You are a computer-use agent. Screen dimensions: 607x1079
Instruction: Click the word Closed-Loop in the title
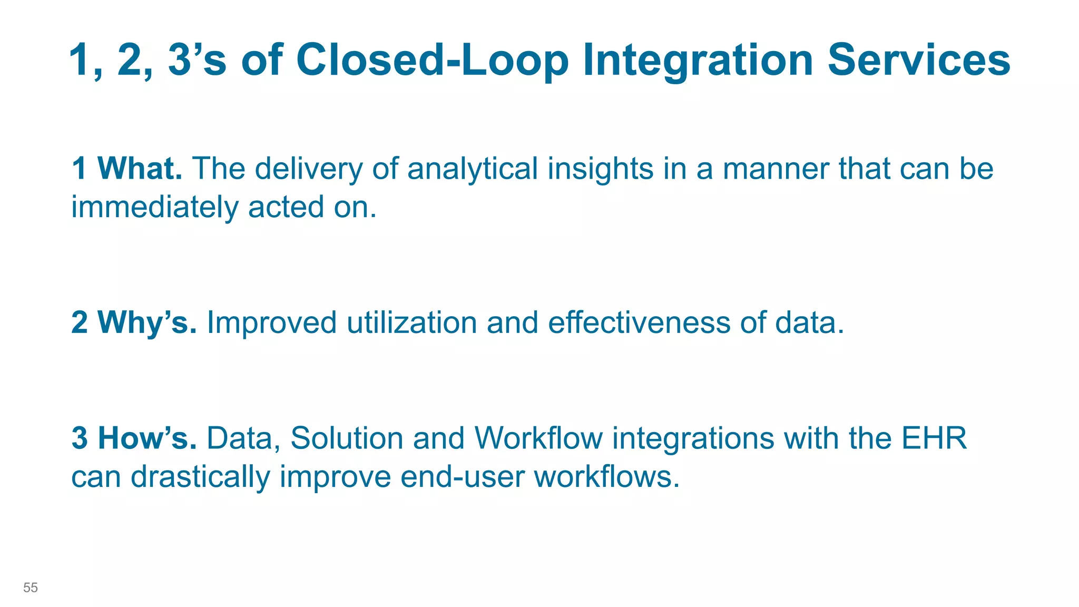tap(433, 60)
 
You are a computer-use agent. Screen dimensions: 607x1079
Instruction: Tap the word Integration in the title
tap(698, 60)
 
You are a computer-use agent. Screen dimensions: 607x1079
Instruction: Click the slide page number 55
tap(31, 588)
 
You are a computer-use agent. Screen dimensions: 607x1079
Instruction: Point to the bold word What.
tap(140, 169)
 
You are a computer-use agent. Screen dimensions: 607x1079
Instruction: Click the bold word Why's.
tap(147, 322)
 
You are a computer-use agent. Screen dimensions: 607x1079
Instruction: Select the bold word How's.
tap(148, 438)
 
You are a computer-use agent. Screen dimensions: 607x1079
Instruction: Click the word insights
tap(600, 170)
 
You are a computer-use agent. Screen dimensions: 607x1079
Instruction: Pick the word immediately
tap(155, 207)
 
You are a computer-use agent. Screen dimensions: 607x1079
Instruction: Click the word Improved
tap(271, 322)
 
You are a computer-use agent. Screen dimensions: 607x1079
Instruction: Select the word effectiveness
tap(639, 322)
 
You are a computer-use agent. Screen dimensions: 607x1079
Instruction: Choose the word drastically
tap(200, 476)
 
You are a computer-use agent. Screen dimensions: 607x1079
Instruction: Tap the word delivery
tap(309, 170)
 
